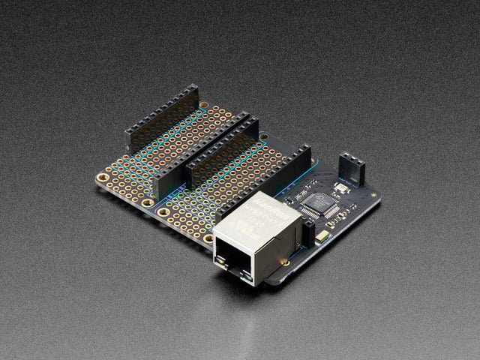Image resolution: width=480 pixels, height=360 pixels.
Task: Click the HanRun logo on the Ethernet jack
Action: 266,204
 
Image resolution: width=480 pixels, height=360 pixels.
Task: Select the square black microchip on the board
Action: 322,204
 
